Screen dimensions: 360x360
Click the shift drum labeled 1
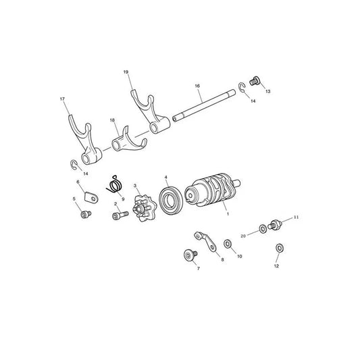[211, 190]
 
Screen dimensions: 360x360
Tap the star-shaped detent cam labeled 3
[144, 208]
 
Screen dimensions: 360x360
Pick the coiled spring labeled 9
[115, 184]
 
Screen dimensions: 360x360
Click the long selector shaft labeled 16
[204, 105]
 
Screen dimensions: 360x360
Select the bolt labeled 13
[255, 81]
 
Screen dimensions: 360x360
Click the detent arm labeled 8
[207, 242]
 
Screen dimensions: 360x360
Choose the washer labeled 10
[228, 244]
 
